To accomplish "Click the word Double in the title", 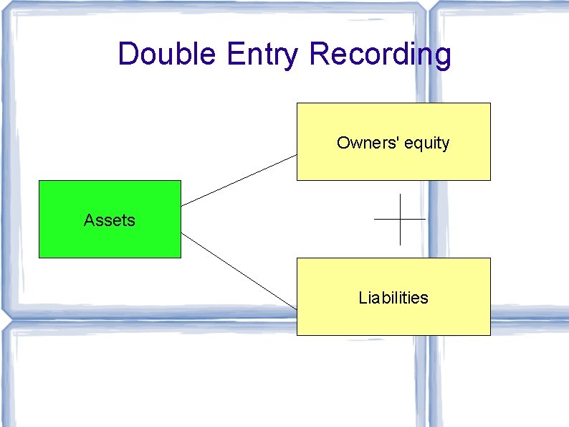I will click(x=167, y=54).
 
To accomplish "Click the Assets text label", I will click(x=110, y=220).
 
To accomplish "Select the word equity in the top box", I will click(x=426, y=144).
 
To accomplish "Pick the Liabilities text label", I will click(x=393, y=298).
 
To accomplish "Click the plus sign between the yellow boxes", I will click(x=400, y=219).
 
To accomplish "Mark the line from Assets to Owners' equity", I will click(x=239, y=179).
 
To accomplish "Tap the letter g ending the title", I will click(x=442, y=57).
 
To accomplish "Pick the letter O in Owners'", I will click(x=343, y=143).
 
